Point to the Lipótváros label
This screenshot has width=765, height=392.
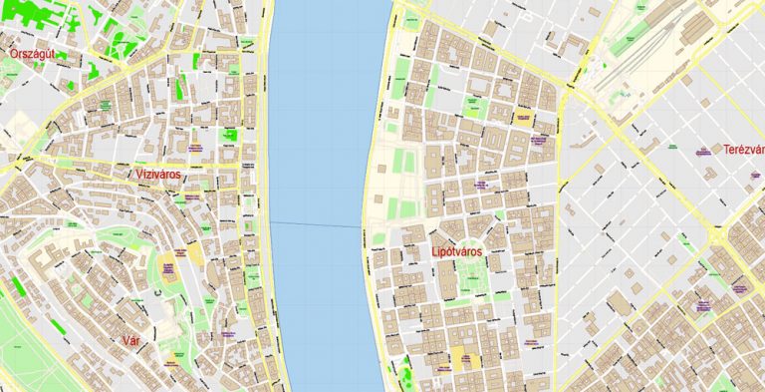pyautogui.click(x=464, y=253)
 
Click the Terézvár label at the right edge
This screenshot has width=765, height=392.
pyautogui.click(x=743, y=150)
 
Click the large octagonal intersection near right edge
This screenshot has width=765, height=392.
pyautogui.click(x=720, y=236)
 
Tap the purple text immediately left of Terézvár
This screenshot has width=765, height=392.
pyautogui.click(x=701, y=151)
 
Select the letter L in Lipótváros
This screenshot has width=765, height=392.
pyautogui.click(x=436, y=253)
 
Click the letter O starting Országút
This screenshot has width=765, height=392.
pyautogui.click(x=11, y=53)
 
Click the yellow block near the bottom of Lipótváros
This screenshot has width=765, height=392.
pyautogui.click(x=461, y=360)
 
